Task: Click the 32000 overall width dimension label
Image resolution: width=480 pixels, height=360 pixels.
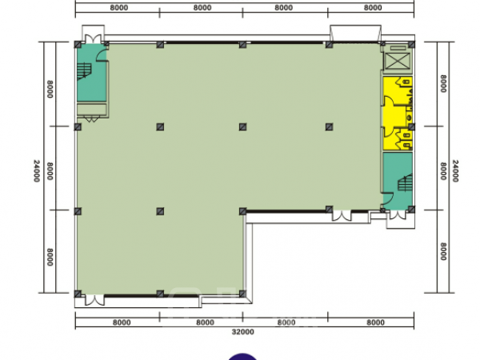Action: click(242, 332)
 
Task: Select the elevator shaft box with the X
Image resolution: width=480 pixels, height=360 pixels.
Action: click(397, 61)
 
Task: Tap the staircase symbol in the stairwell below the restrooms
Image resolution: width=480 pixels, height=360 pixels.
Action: click(405, 183)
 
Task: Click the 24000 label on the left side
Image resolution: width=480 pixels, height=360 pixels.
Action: click(37, 171)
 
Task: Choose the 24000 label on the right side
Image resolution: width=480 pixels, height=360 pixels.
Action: click(455, 171)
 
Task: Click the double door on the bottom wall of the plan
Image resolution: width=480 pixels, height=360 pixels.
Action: click(94, 300)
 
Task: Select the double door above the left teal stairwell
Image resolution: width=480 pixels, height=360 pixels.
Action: click(93, 39)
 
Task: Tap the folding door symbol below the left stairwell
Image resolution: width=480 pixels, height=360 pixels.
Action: click(91, 119)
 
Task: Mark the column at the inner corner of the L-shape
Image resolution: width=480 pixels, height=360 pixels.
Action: click(242, 211)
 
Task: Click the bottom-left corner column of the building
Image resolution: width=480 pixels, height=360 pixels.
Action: click(78, 294)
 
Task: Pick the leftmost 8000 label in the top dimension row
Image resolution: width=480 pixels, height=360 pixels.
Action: click(118, 8)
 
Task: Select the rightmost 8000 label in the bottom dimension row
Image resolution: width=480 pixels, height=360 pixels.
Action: click(375, 322)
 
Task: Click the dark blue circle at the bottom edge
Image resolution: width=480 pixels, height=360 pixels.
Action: click(242, 357)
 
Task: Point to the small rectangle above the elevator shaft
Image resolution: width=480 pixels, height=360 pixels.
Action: click(397, 48)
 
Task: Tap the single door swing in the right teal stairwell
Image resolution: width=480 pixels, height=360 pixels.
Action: click(388, 198)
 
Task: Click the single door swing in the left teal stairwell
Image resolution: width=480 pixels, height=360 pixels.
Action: click(102, 55)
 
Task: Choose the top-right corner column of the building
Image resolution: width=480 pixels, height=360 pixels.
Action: click(411, 45)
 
